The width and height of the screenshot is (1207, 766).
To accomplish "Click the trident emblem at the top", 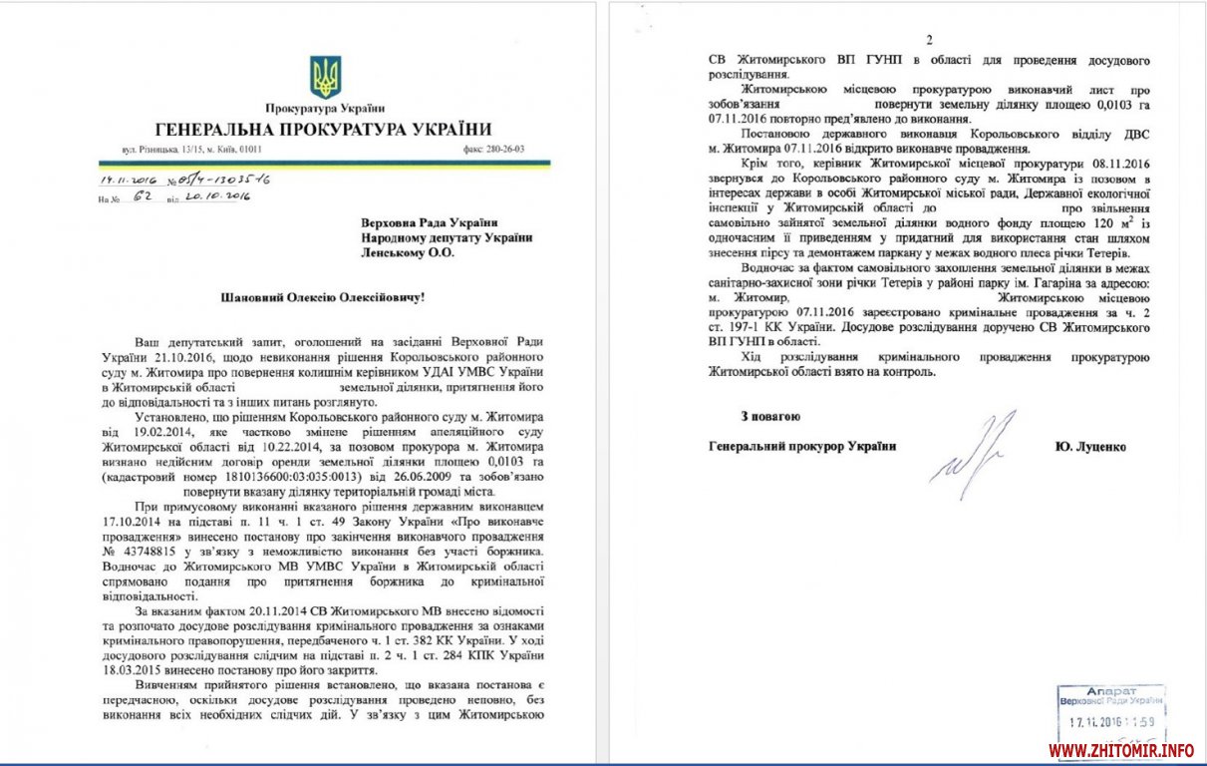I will [x=325, y=77].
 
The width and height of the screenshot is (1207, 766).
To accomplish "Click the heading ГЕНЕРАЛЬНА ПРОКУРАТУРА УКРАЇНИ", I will [x=324, y=129].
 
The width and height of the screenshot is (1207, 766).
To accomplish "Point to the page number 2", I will [x=928, y=40].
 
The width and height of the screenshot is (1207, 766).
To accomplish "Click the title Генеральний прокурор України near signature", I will [x=801, y=446].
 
